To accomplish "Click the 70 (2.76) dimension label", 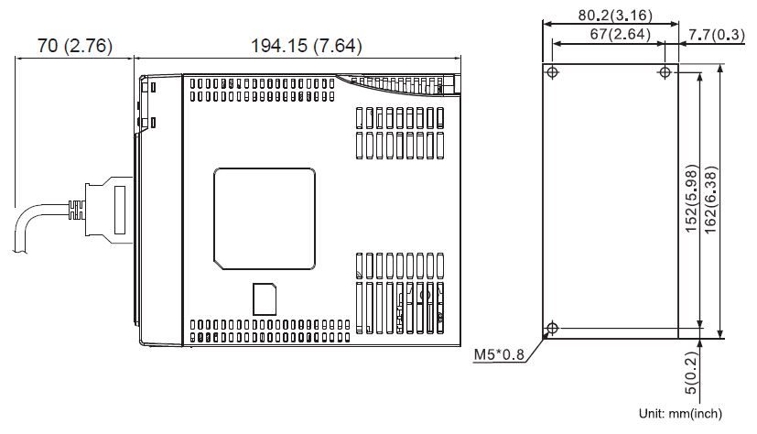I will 73,45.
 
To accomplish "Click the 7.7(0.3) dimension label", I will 718,34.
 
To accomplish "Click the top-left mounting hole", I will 552,72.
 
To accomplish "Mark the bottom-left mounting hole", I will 552,329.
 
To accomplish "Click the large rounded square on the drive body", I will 265,219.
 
